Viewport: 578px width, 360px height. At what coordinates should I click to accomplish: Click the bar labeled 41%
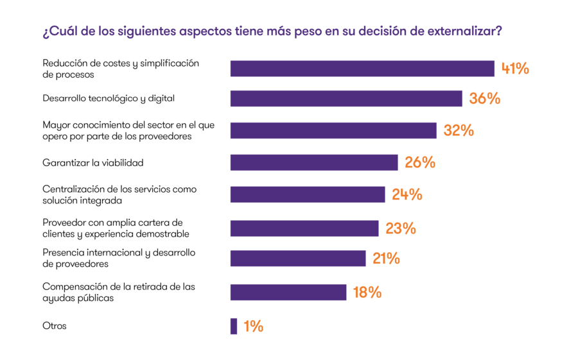point(362,69)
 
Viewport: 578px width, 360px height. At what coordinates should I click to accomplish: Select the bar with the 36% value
point(346,99)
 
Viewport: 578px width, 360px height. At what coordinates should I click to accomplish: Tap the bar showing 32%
point(333,130)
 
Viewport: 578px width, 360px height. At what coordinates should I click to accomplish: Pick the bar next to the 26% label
point(314,162)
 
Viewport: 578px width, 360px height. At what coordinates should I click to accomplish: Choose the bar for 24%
point(308,194)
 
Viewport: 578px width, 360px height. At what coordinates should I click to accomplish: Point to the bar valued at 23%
point(304,228)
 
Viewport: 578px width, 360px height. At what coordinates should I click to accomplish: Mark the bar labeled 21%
point(298,259)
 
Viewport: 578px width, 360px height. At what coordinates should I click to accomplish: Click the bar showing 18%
point(288,293)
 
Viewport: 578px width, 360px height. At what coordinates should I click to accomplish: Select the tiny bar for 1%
point(234,326)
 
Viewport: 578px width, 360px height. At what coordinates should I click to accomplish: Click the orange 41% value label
point(515,69)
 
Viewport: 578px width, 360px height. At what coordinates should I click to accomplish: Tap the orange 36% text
point(484,99)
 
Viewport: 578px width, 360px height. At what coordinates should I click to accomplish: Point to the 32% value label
point(459,130)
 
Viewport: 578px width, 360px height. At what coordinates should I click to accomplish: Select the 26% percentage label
point(420,162)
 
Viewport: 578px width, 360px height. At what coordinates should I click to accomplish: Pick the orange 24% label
point(407,194)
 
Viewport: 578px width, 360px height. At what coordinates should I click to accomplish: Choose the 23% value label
point(401,228)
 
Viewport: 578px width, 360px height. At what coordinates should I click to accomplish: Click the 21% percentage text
point(386,259)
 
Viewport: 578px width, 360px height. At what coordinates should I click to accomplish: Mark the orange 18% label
point(367,293)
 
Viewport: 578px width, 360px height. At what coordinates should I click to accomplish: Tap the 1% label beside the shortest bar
point(253,327)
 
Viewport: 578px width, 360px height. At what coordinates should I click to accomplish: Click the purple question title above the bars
point(272,31)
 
